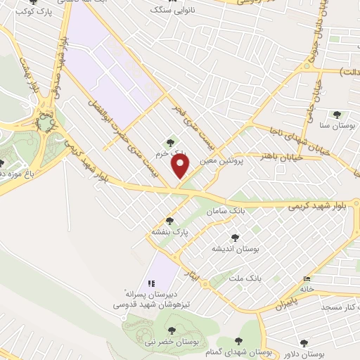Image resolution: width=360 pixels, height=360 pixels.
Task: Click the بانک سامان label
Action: pyautogui.click(x=224, y=211)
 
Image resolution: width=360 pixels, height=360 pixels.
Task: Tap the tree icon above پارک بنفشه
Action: pyautogui.click(x=169, y=221)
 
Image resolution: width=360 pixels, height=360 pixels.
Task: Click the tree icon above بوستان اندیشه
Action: pyautogui.click(x=235, y=238)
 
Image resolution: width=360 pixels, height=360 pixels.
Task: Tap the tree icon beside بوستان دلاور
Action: pyautogui.click(x=304, y=342)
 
